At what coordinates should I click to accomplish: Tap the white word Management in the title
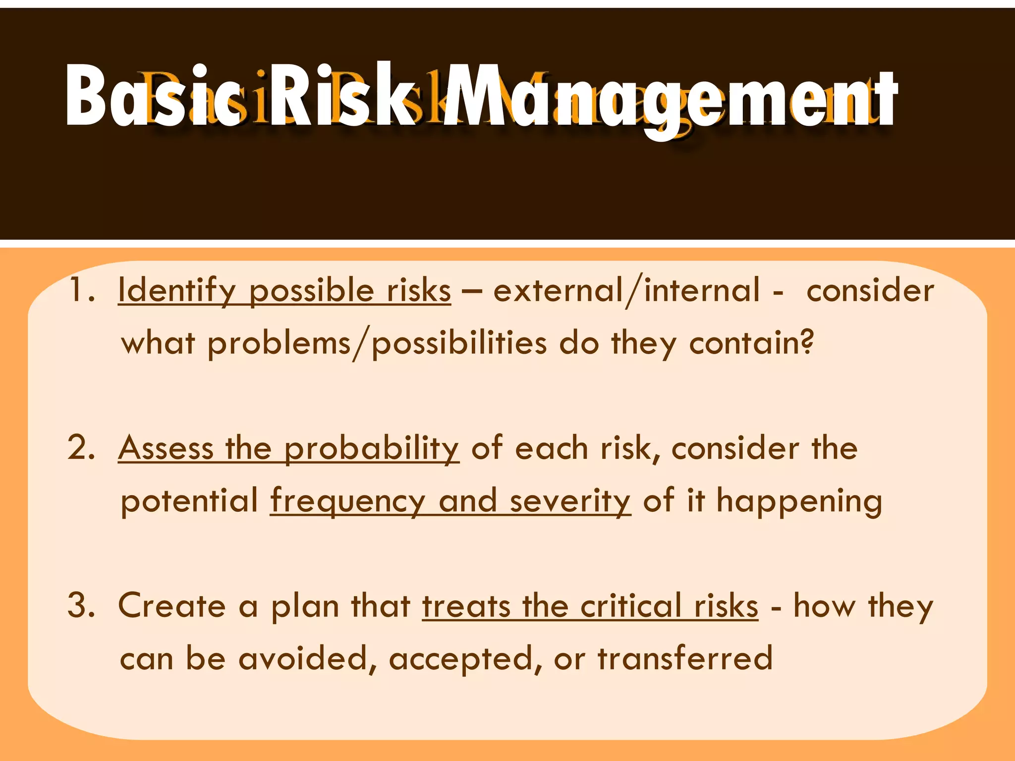pos(669,99)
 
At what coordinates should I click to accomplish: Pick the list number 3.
pos(81,605)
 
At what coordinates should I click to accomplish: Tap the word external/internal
pos(626,291)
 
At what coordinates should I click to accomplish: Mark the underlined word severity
pos(570,501)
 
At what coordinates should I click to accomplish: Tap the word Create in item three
pos(171,606)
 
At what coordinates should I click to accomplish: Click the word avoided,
pos(307,659)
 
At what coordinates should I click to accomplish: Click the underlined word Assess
pos(166,448)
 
